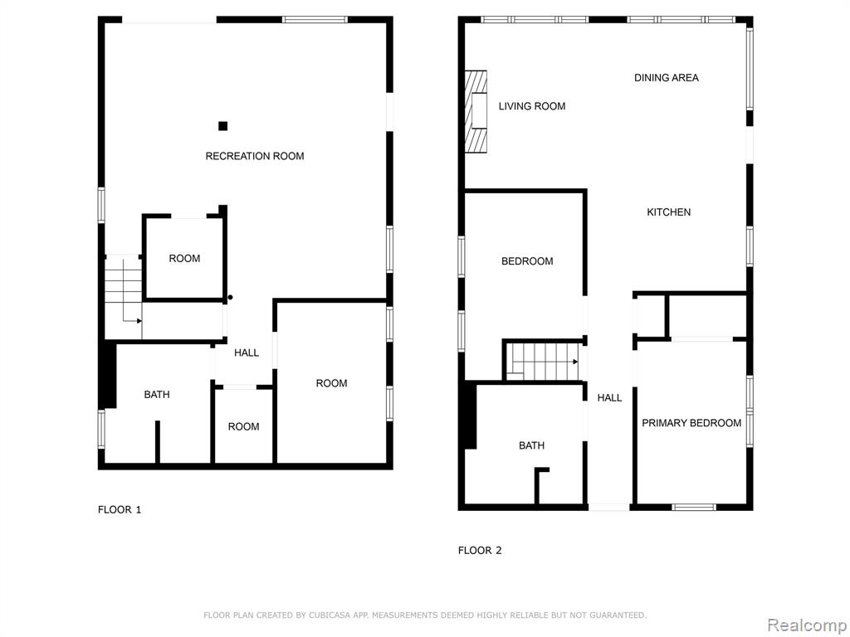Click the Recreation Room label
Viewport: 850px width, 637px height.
click(x=254, y=156)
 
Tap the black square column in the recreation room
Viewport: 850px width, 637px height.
click(x=222, y=126)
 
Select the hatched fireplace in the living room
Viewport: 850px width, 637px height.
click(x=476, y=111)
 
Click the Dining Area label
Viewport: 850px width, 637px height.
click(x=667, y=77)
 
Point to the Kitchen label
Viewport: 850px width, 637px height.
click(x=668, y=212)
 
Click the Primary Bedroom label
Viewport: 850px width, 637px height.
click(x=691, y=423)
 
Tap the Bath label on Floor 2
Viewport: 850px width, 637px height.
click(x=531, y=445)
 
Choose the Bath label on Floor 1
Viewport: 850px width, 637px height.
click(x=157, y=394)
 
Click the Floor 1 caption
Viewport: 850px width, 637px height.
click(x=120, y=509)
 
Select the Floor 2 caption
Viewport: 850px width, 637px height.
click(x=480, y=551)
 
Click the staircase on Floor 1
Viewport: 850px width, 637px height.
click(x=123, y=289)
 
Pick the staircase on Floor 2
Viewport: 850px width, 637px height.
click(x=542, y=362)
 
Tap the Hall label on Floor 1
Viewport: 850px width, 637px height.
click(x=246, y=353)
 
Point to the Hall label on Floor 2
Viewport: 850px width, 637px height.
click(x=609, y=397)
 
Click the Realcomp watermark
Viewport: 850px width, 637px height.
click(x=807, y=625)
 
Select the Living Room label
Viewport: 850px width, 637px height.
click(x=532, y=106)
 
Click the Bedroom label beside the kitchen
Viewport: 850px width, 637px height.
click(x=527, y=261)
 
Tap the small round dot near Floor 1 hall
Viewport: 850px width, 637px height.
click(x=231, y=298)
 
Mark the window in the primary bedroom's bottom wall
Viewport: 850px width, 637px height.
click(x=694, y=508)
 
